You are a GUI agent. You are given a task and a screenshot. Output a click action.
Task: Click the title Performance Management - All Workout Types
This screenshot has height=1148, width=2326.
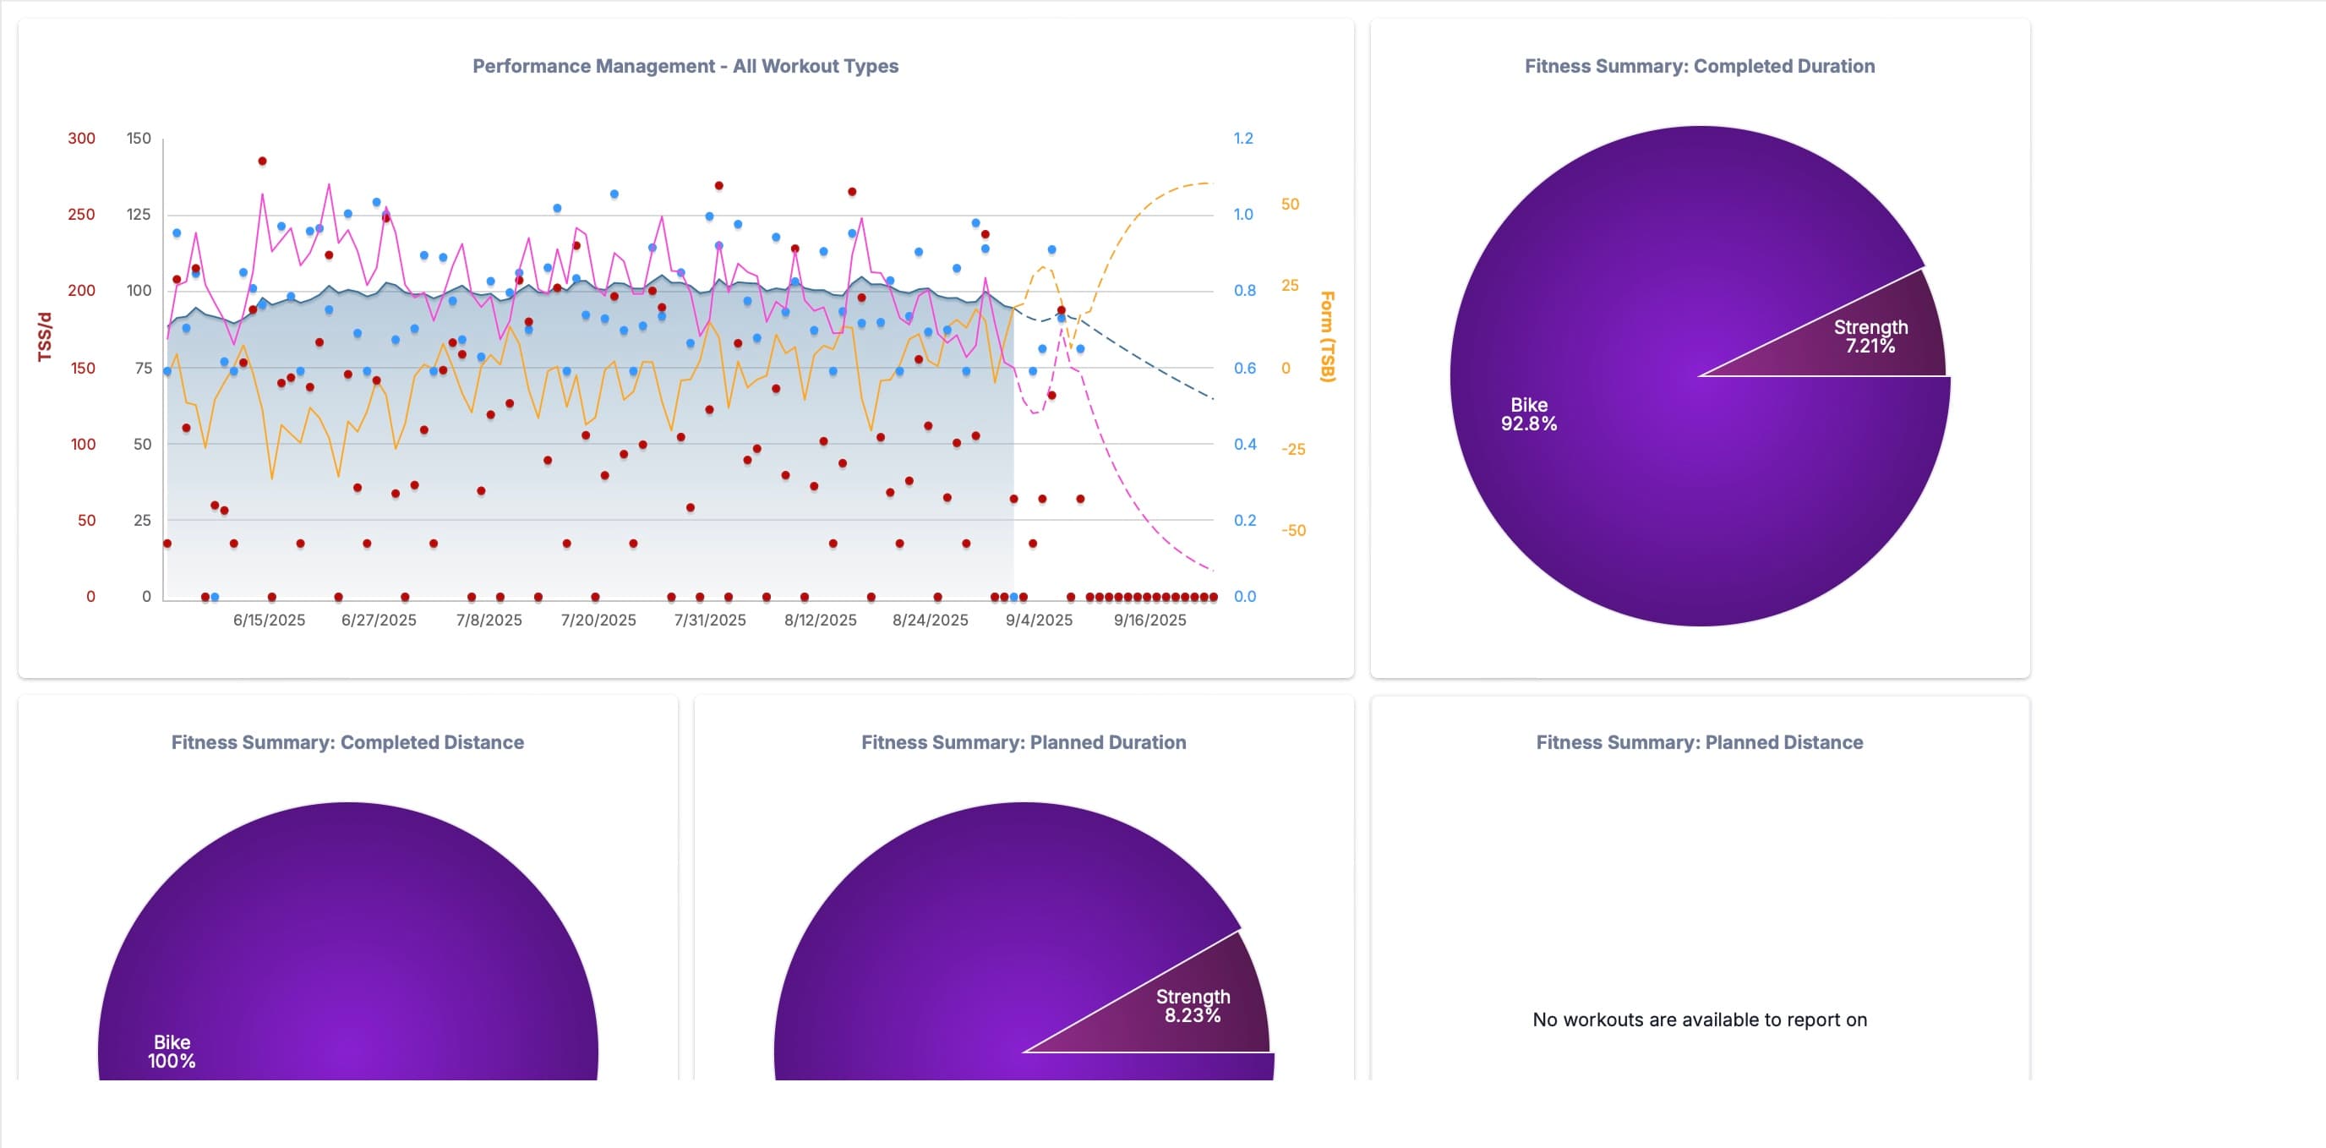685,66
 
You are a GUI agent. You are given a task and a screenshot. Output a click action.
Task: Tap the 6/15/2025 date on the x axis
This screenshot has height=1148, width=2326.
269,620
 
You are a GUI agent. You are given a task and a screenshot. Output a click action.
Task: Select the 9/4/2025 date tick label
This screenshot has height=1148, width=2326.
1039,620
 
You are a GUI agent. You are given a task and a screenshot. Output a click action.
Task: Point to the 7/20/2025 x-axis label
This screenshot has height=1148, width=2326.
598,620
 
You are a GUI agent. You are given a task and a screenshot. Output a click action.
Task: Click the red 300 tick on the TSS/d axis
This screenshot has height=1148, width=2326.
81,138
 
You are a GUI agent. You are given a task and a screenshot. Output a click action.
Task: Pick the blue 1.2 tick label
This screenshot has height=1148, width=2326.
1243,138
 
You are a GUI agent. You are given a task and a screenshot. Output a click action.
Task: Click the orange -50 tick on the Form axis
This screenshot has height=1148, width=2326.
1293,530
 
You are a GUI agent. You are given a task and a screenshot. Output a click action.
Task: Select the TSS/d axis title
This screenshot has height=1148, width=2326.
44,337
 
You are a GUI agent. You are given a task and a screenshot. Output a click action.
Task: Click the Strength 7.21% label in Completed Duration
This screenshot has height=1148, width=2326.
1870,336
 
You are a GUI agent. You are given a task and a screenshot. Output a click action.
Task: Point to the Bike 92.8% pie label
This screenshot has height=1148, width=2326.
1529,413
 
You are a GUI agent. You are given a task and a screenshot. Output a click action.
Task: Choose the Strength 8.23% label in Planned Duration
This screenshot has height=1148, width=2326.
1193,1005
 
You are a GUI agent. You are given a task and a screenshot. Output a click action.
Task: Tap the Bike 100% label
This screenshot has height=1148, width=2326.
172,1052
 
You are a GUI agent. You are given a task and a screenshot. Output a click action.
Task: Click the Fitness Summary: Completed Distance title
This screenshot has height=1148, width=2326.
347,742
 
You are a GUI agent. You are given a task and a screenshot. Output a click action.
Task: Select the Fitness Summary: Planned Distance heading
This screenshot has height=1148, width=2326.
1700,742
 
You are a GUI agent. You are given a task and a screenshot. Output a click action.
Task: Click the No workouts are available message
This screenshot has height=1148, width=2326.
1700,1020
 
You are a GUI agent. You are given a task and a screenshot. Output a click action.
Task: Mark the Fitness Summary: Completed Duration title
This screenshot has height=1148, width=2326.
1700,66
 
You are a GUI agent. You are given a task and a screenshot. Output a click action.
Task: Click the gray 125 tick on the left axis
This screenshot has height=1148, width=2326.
138,214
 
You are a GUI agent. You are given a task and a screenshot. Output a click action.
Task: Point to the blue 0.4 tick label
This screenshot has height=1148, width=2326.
1244,445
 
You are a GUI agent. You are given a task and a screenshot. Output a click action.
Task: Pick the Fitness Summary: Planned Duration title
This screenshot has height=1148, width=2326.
1023,742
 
